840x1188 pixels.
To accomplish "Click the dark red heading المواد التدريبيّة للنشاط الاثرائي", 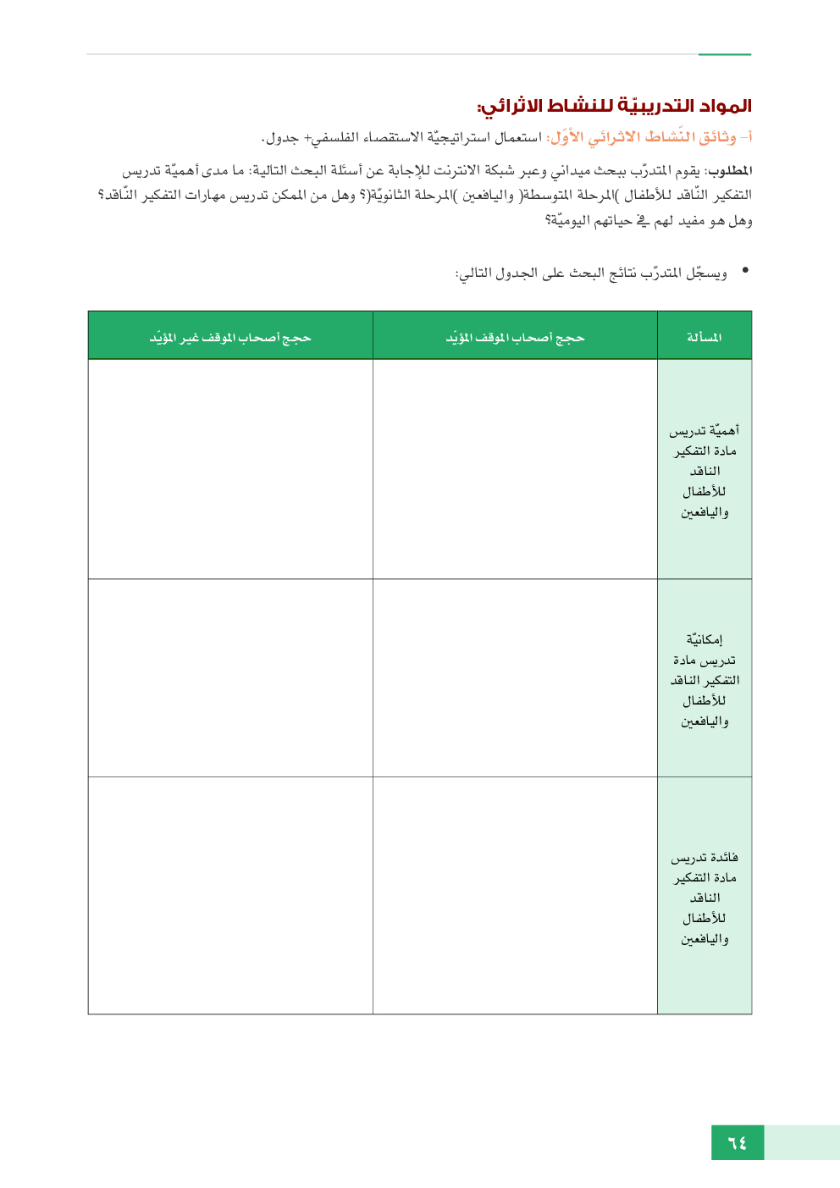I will pos(614,106).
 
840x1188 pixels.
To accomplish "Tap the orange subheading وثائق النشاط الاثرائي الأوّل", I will pos(649,136).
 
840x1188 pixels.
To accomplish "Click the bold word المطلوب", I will pos(729,171).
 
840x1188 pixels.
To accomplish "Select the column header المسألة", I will pos(704,337).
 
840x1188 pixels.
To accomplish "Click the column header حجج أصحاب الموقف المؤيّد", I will pos(515,337).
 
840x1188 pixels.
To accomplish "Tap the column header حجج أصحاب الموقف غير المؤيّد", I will pos(230,337).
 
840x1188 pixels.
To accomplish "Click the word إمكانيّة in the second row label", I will pos(705,639).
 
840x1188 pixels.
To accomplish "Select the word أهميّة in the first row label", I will pos(721,430).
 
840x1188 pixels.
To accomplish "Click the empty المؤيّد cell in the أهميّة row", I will pos(515,469).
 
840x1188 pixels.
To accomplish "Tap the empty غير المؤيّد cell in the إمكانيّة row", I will pos(230,677).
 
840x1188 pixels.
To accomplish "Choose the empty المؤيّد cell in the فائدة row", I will pos(515,895).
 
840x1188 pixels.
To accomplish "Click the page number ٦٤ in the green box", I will pos(738,1142).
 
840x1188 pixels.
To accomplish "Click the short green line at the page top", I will pos(725,54).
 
